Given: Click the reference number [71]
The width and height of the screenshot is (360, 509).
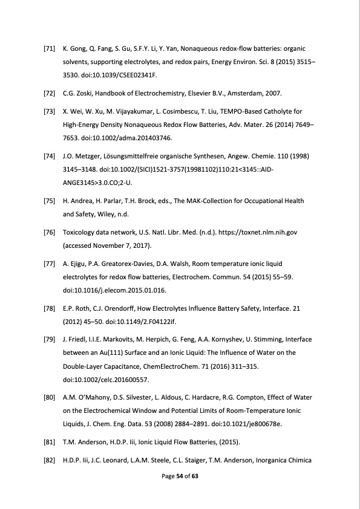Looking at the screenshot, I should click(50, 47).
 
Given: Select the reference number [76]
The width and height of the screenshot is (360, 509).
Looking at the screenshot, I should click(50, 233).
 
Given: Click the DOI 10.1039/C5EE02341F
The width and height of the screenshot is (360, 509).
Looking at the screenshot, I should click(119, 76).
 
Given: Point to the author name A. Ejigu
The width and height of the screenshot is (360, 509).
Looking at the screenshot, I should click(74, 265).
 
